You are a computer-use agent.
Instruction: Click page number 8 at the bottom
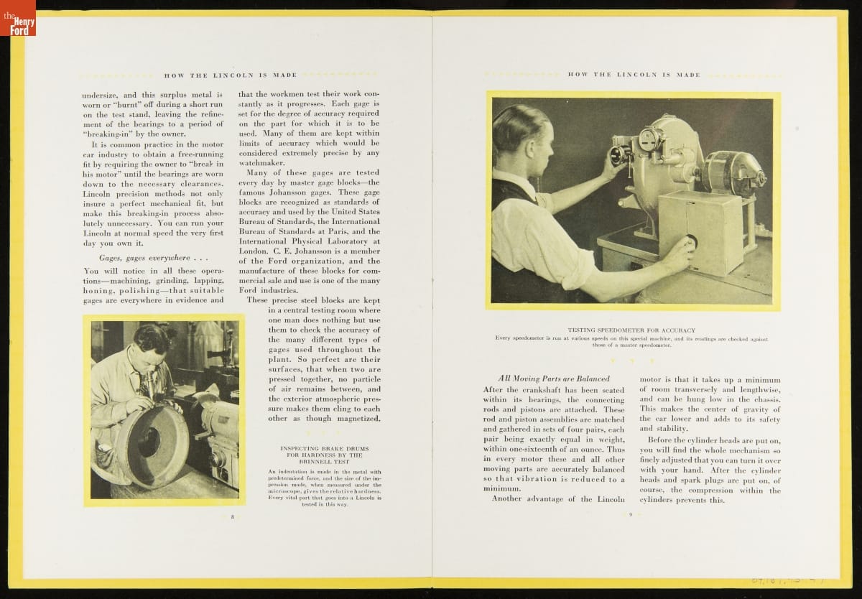(x=232, y=516)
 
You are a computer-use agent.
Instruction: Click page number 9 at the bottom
(x=630, y=514)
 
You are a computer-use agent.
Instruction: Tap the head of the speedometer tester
(x=521, y=133)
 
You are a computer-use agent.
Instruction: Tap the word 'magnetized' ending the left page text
(x=357, y=418)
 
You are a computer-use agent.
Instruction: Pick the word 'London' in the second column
(x=254, y=251)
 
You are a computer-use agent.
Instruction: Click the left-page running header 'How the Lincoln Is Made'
(x=231, y=75)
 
